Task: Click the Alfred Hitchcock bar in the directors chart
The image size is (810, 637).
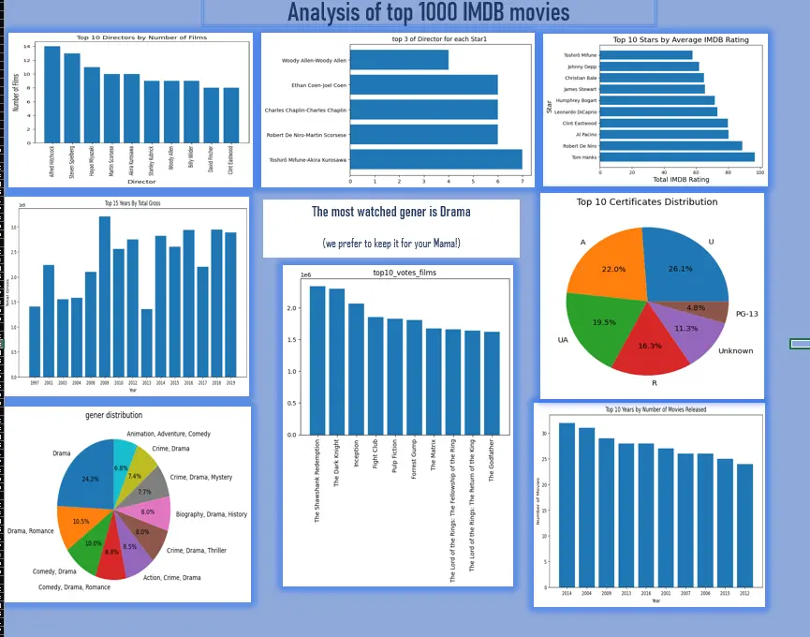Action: tap(52, 93)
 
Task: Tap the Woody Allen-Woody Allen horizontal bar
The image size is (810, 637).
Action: tap(399, 60)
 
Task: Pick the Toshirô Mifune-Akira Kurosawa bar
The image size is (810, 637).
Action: tap(435, 159)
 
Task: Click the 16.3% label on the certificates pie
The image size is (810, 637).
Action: tap(649, 346)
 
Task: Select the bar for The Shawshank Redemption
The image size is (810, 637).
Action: tap(317, 361)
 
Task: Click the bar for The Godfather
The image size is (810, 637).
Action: tap(493, 383)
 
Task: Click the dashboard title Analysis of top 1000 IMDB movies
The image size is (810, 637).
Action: tap(428, 13)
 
